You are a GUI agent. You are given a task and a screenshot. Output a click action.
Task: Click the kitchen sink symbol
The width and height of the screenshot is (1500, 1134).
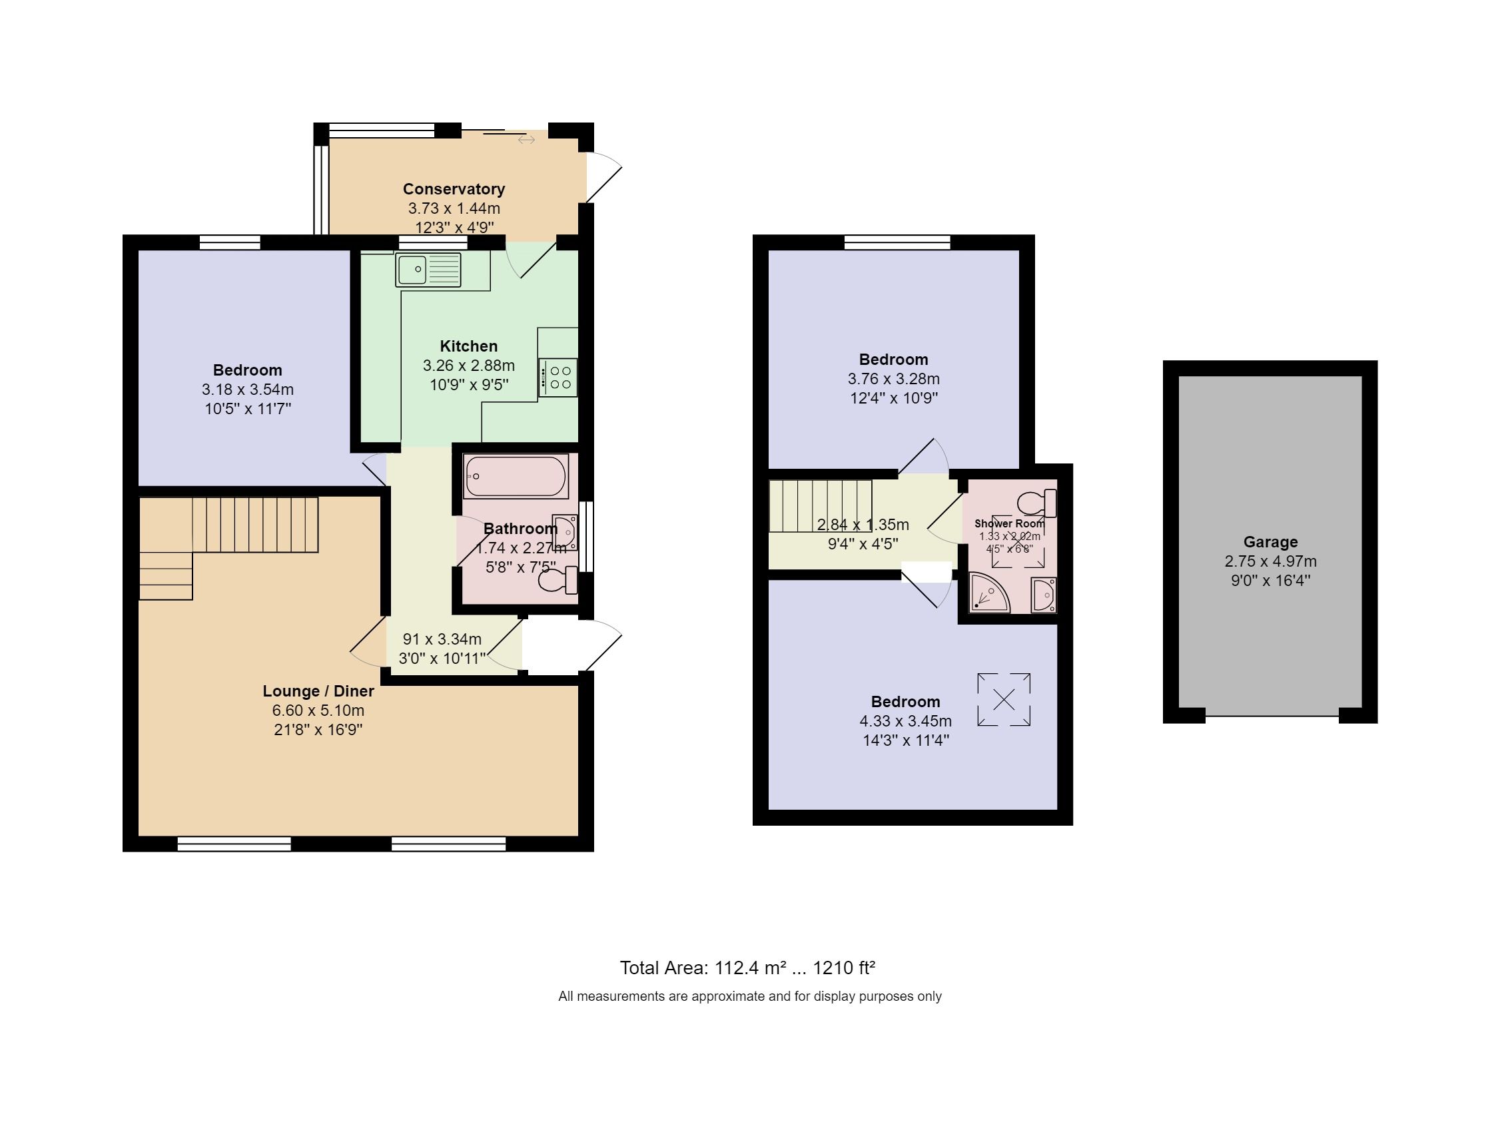(x=428, y=270)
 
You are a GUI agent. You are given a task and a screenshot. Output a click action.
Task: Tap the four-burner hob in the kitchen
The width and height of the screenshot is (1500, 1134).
(x=559, y=378)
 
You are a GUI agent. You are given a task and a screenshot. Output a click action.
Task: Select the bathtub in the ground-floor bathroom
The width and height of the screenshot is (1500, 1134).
(x=516, y=476)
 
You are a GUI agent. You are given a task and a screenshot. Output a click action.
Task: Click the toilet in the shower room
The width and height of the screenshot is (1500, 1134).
(x=1036, y=503)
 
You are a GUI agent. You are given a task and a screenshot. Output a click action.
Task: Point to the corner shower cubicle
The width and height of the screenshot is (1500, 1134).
(x=986, y=594)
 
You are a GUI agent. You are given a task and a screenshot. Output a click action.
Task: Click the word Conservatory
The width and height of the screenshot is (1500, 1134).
(x=454, y=189)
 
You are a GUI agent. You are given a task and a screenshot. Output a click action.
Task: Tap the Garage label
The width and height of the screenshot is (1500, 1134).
(x=1270, y=541)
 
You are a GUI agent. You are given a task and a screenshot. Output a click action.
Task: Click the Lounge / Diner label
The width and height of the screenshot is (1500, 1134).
(x=318, y=691)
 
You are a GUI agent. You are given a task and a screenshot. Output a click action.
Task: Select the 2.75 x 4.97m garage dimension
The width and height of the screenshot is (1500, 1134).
(x=1270, y=561)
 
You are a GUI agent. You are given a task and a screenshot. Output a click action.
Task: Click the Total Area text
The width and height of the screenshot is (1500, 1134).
(x=747, y=968)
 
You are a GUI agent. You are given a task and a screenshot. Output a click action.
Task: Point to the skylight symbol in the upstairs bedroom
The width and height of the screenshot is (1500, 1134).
(x=1004, y=700)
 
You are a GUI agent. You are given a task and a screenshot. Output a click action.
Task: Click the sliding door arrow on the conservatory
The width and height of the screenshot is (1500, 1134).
(x=526, y=140)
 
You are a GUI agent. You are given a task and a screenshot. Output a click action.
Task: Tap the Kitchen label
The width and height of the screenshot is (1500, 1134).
(x=468, y=346)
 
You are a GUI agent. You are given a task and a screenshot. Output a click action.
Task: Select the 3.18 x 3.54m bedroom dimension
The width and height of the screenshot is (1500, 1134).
(x=248, y=390)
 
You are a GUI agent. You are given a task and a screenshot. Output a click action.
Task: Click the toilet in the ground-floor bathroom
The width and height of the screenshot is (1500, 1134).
(x=558, y=581)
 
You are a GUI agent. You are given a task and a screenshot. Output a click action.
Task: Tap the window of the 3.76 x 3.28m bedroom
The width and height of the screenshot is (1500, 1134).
(x=897, y=242)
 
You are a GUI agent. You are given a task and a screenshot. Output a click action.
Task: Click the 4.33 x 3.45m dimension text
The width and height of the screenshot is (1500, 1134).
(x=905, y=721)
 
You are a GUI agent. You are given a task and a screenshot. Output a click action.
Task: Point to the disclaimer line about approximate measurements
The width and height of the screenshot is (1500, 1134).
(x=749, y=996)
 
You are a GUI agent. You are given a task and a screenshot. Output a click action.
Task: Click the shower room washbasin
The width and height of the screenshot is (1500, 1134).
(x=1043, y=595)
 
